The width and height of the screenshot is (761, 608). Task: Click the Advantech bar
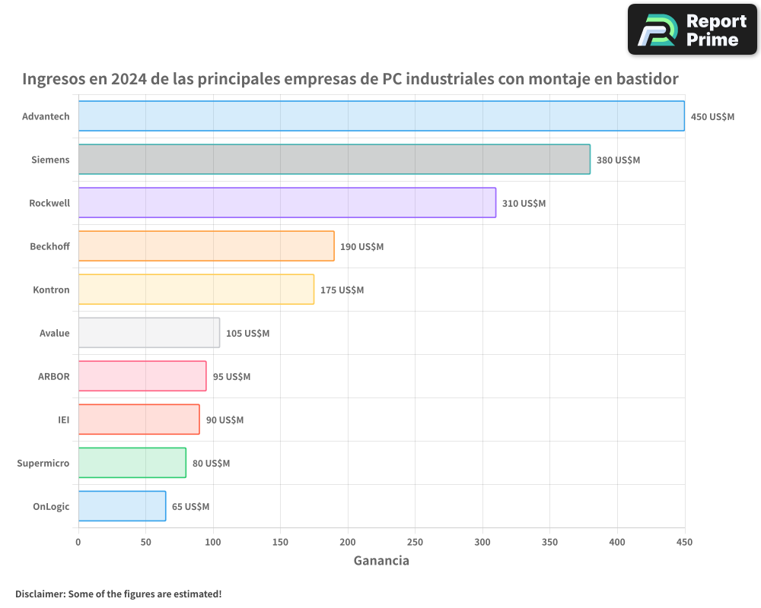click(x=380, y=116)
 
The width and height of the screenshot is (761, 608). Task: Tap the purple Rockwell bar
click(x=287, y=203)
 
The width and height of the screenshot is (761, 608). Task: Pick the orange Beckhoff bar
click(x=205, y=246)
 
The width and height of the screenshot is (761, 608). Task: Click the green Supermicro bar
click(x=132, y=463)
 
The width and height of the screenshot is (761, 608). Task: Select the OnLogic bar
click(x=122, y=506)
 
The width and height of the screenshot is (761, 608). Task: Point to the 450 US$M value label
click(x=712, y=117)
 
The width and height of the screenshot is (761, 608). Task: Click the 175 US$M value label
click(x=342, y=290)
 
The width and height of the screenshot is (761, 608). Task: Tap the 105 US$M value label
click(x=247, y=334)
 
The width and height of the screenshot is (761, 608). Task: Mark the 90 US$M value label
click(x=224, y=420)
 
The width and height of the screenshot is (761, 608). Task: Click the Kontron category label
click(x=51, y=290)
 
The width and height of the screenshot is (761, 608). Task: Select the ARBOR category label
click(x=53, y=376)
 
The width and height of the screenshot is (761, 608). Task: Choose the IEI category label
click(x=63, y=420)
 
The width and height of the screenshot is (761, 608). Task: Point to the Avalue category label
click(x=54, y=333)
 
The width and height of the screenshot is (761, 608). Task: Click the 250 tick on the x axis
click(x=415, y=542)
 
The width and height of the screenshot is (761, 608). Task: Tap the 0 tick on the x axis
click(x=78, y=542)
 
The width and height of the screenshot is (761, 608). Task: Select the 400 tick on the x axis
click(x=617, y=542)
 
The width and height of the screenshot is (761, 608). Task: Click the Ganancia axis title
click(x=381, y=561)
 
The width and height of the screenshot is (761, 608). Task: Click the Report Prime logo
click(x=692, y=30)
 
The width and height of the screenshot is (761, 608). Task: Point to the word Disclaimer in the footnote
click(x=39, y=594)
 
